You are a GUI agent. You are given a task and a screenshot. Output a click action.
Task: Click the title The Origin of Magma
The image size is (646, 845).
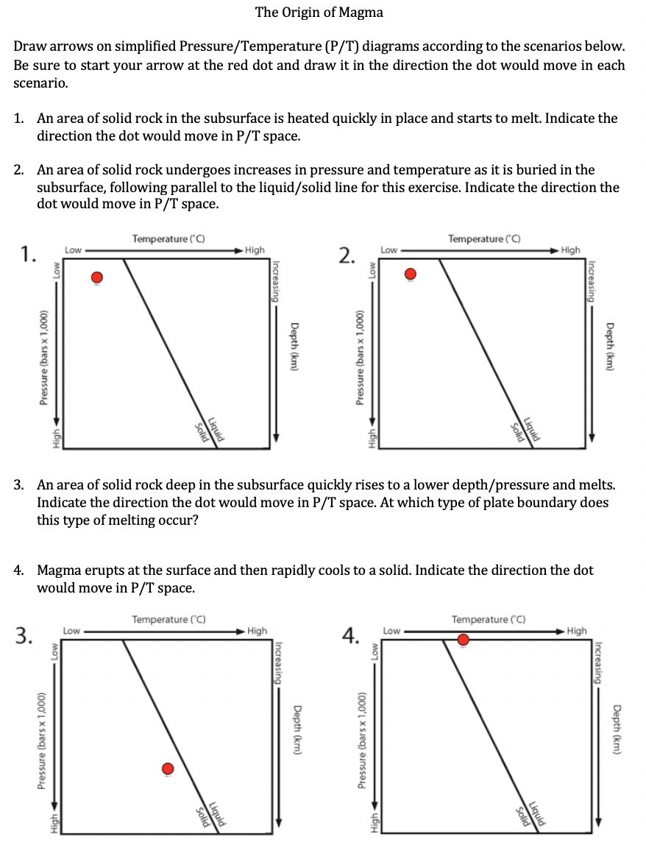[319, 13]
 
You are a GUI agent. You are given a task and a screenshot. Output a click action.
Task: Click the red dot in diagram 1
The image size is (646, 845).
[96, 277]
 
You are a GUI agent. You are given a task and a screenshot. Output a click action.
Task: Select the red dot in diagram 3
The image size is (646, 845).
[168, 768]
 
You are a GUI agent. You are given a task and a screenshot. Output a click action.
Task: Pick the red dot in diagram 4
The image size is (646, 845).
[463, 640]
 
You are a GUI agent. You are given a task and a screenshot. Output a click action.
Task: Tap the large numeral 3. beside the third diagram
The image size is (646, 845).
[26, 634]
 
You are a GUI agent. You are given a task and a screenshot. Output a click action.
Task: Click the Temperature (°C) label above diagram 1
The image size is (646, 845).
[168, 238]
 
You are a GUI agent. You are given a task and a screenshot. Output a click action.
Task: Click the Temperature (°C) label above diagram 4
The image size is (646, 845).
[488, 619]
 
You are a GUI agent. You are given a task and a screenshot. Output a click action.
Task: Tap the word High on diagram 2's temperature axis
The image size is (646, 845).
[570, 250]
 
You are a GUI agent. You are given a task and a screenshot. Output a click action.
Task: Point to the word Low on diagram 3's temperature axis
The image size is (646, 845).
[71, 631]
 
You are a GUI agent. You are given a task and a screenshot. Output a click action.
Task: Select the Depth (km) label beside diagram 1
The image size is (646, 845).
[294, 349]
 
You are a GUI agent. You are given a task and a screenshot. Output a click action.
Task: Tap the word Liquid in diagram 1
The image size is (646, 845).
[216, 429]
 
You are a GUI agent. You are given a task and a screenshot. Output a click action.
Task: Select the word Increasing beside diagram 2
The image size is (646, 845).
[589, 281]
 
